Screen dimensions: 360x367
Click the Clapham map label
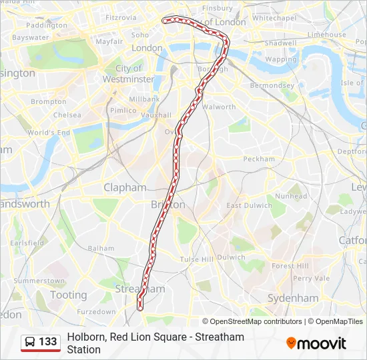pos(125,188)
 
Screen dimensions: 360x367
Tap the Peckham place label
pos(259,159)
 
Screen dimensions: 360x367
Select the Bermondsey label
pos(272,85)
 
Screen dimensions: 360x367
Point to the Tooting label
pos(68,295)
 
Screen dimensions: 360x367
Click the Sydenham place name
pos(293,298)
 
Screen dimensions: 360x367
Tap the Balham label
pos(101,248)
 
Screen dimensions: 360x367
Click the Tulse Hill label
pos(196,259)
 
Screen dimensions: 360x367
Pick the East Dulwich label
pos(250,205)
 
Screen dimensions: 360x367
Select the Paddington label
pos(47,25)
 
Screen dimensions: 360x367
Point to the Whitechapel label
pos(274,18)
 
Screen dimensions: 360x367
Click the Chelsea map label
pos(67,115)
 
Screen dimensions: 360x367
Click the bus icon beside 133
pos(31,342)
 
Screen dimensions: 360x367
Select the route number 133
pos(48,342)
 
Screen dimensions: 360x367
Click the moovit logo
pos(316,343)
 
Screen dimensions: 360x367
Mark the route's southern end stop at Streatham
pos(140,307)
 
